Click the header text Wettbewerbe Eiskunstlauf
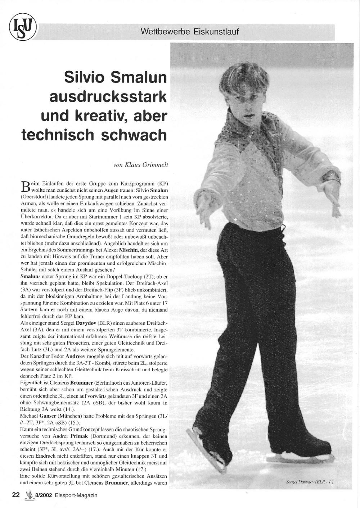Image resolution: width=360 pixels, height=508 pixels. click(x=190, y=32)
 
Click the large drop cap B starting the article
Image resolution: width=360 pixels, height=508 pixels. click(x=25, y=186)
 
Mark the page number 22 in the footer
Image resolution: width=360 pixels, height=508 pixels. click(x=16, y=495)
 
